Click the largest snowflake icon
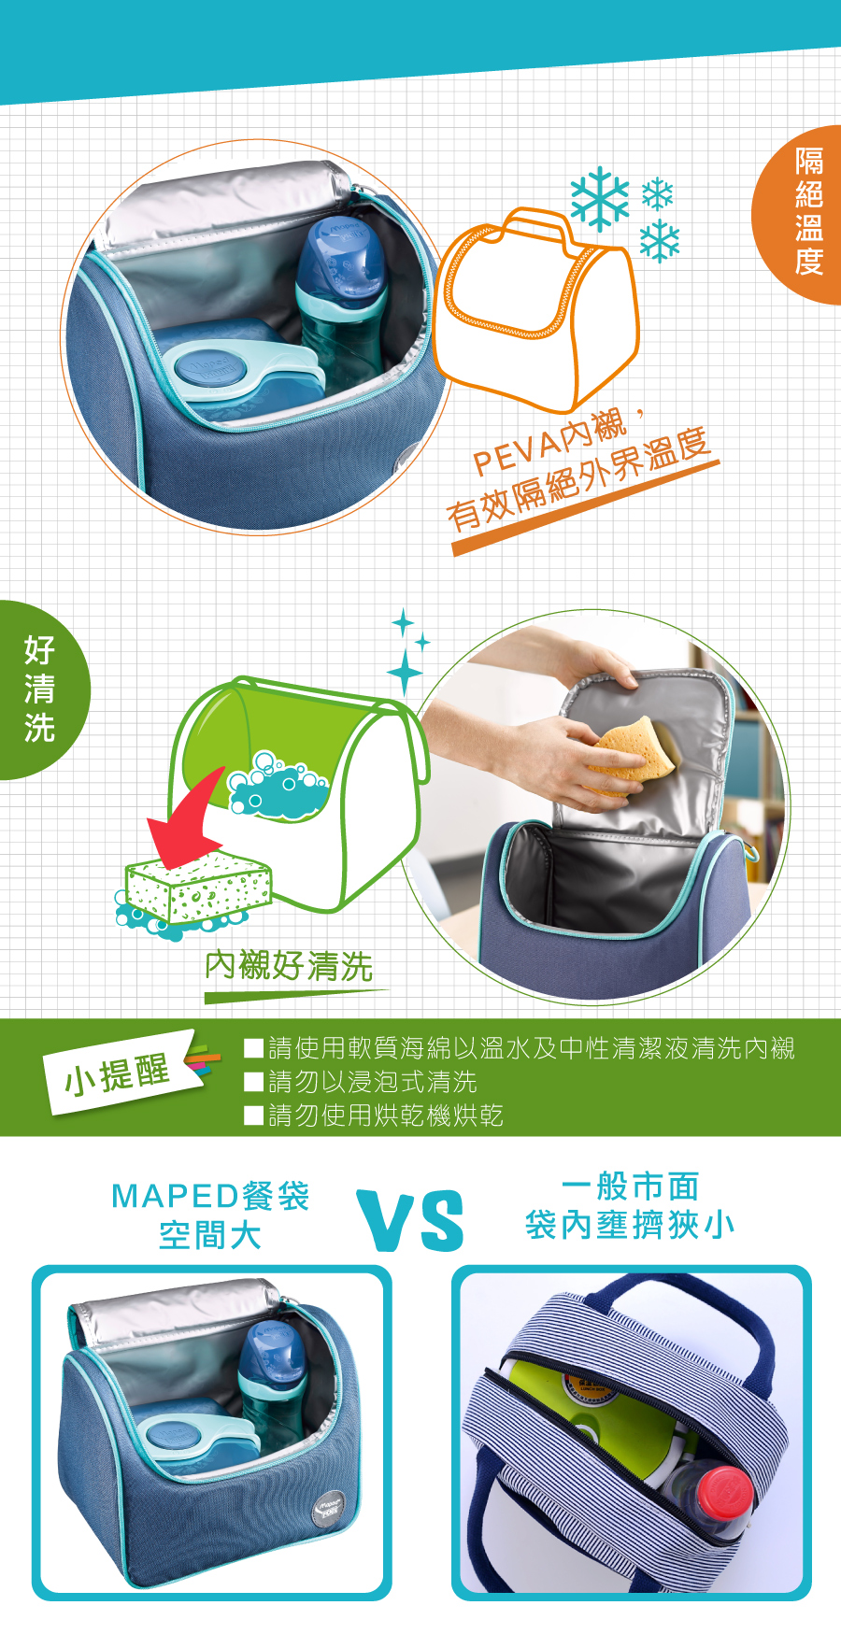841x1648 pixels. (599, 199)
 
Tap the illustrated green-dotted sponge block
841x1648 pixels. (199, 887)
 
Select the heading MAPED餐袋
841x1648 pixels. (210, 1197)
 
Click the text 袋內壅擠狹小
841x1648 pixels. (630, 1225)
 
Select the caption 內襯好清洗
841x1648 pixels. (289, 966)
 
